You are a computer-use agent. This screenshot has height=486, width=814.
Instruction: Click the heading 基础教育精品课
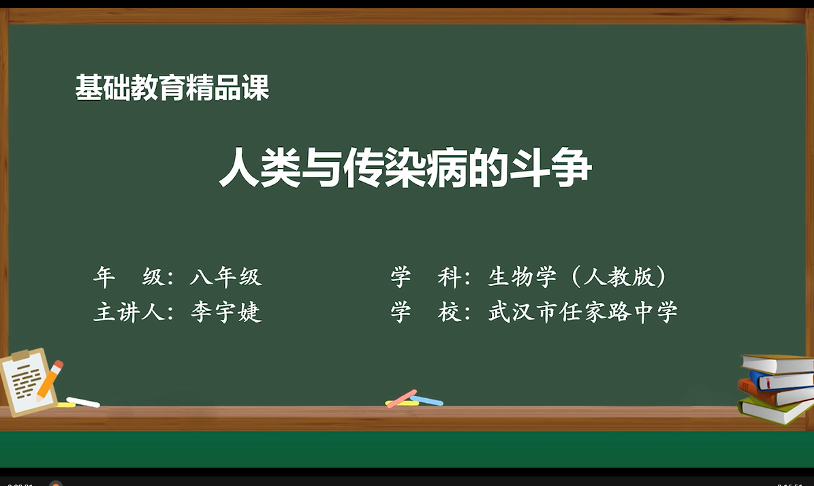point(172,87)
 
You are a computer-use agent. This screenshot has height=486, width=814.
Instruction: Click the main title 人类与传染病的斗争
point(405,167)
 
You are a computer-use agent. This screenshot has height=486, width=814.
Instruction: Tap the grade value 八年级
point(226,276)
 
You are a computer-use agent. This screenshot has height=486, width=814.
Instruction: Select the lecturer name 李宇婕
point(226,312)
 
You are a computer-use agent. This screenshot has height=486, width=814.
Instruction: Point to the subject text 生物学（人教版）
point(577,276)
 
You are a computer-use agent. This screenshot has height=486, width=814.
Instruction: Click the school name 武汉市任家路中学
point(583,312)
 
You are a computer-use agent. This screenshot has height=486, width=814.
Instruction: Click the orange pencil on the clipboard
point(49,380)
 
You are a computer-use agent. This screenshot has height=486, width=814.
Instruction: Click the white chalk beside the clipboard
point(83,402)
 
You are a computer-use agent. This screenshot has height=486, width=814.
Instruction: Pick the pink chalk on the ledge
point(402,398)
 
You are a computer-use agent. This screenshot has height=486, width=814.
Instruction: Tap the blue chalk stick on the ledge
point(426,400)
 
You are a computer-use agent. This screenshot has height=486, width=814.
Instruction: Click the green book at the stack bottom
point(776,410)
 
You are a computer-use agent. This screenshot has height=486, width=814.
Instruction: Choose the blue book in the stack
point(781,380)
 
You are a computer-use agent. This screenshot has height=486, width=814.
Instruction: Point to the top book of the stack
point(778,363)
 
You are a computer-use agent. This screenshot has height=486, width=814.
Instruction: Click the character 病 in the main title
point(446,167)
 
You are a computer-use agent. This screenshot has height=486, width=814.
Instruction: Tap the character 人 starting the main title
point(239,167)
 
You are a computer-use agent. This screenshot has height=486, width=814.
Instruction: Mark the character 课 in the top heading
point(255,87)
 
